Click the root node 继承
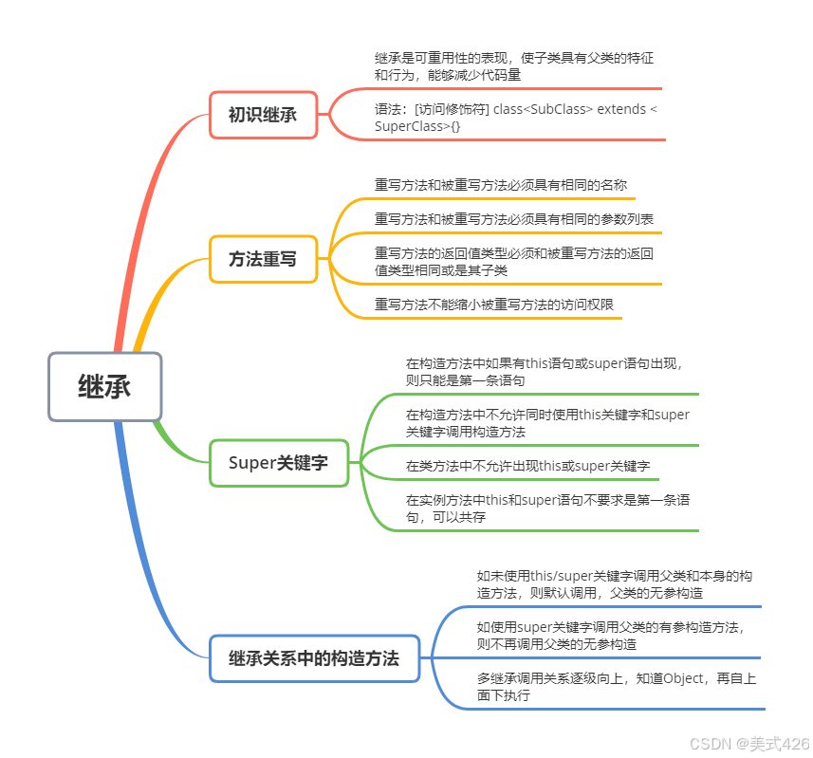point(105,386)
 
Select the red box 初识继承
point(263,115)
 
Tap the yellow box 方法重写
point(263,259)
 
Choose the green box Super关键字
point(278,463)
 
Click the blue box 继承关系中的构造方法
point(314,657)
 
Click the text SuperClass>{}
point(417,125)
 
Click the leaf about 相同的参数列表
point(513,219)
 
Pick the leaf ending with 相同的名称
point(500,184)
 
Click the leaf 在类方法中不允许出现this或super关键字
point(527,466)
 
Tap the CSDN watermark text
point(749,743)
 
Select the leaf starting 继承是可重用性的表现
point(513,65)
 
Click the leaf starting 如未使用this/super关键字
point(615,584)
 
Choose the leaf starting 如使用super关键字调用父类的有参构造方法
point(610,636)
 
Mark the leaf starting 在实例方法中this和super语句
point(547,508)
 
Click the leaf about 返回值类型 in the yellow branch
point(513,262)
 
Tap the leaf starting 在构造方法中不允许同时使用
point(547,423)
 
